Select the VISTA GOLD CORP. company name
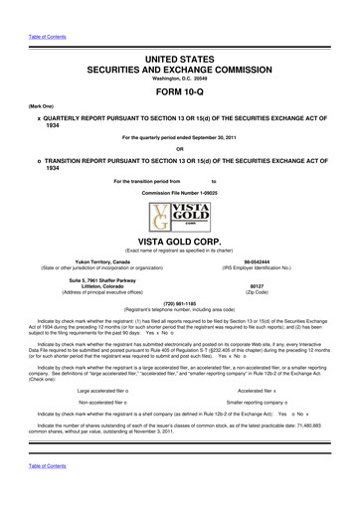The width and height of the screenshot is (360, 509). (180, 241)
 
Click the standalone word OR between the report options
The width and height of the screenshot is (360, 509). (180, 151)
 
